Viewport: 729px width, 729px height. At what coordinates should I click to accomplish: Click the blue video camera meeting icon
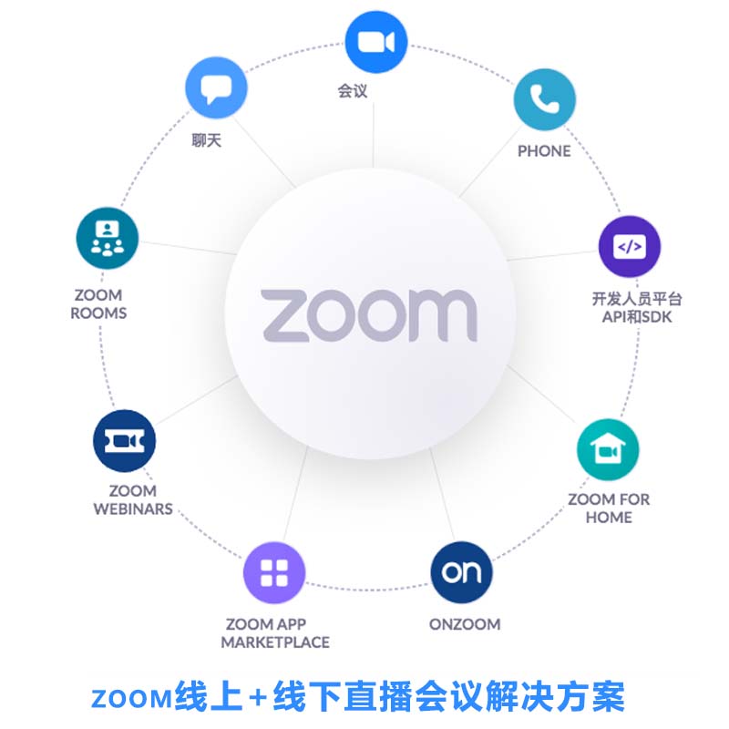coord(376,42)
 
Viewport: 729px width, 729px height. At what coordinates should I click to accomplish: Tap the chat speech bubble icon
coord(216,87)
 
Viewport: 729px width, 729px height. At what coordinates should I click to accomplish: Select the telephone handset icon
coord(544,99)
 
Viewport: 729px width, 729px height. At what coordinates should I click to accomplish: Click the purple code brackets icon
coord(630,246)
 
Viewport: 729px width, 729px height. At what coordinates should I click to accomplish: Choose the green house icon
coord(608,449)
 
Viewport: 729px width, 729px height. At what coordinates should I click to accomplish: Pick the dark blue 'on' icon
coord(461,572)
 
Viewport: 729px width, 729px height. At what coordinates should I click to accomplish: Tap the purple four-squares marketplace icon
coord(274,572)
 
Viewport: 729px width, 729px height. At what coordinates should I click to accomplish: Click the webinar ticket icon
coord(124,441)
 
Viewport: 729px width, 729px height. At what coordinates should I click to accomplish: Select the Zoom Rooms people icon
coord(108,238)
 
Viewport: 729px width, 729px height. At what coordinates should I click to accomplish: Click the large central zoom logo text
coord(369,315)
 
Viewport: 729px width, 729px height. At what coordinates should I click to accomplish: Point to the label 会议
coord(353,90)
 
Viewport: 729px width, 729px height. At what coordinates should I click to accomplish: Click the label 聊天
coord(207,140)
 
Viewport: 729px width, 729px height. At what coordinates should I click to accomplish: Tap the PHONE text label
coord(544,151)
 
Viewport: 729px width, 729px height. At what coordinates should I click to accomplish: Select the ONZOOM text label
coord(465,624)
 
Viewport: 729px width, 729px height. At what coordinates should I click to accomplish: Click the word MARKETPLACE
coord(275,642)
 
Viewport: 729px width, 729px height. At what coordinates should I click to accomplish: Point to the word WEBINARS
coord(133,508)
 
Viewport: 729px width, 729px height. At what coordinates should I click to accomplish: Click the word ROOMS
coord(98,313)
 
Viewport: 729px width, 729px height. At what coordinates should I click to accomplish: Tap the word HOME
coord(609,517)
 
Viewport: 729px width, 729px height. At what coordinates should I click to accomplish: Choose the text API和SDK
coord(637,316)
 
